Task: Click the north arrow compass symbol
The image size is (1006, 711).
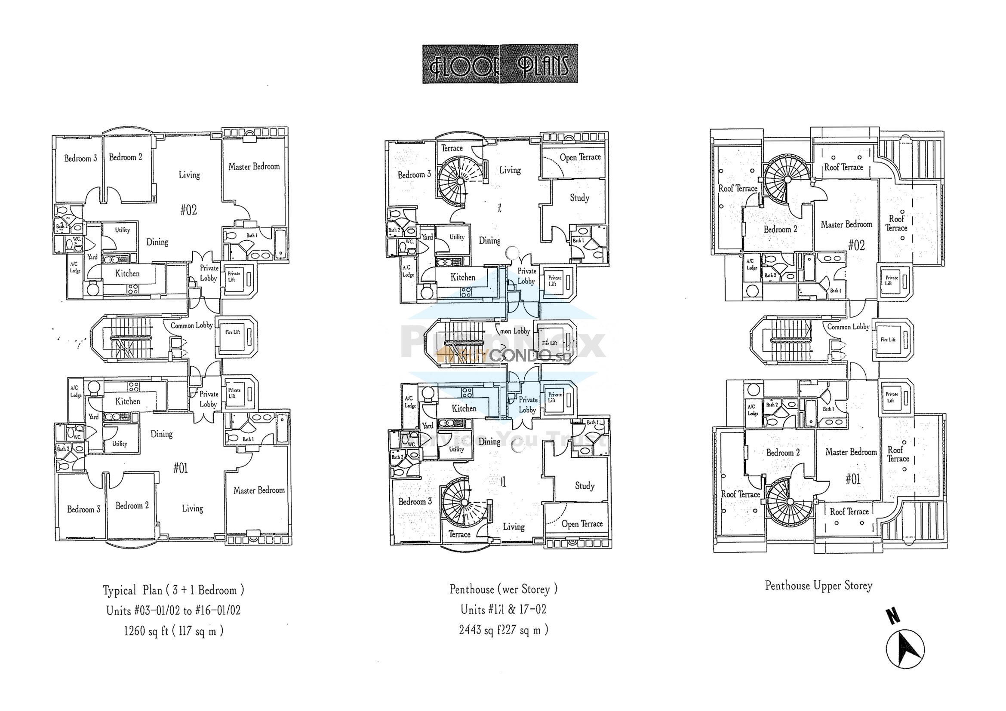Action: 905,648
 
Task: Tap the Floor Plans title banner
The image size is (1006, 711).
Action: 500,64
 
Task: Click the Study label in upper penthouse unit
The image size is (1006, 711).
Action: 579,198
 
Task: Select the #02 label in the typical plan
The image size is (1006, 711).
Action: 189,210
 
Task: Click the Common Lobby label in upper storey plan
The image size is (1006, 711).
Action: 848,327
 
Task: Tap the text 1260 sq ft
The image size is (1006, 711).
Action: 146,631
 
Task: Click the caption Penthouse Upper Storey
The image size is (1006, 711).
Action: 818,586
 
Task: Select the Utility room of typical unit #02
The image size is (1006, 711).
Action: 122,230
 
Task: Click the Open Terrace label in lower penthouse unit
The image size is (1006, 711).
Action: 582,524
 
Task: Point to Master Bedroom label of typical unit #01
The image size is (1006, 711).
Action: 258,490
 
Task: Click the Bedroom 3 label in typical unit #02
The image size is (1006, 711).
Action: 80,159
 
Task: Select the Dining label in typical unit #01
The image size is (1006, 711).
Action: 161,434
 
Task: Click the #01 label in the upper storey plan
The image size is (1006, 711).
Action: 852,479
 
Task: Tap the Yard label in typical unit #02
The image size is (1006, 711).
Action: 92,257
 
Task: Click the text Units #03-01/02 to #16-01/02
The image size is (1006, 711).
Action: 173,610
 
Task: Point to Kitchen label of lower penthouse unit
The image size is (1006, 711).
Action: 464,408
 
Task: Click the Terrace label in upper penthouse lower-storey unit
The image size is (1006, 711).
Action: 452,148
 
